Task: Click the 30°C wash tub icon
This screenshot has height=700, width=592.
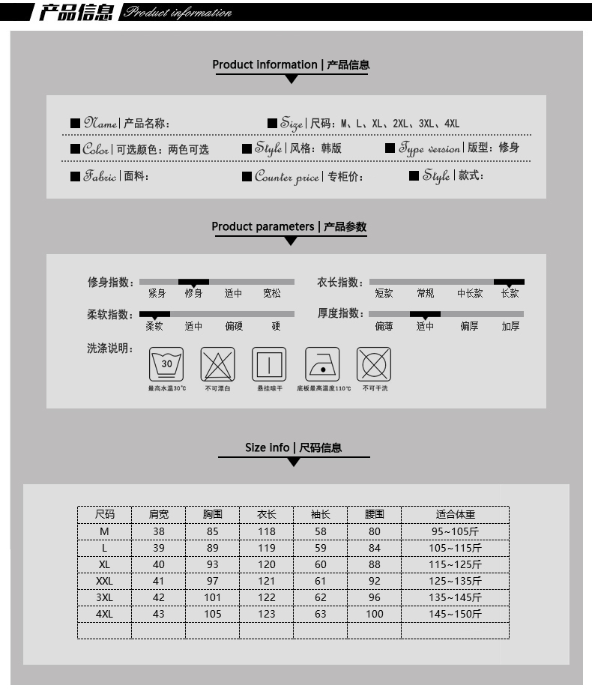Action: coord(166,365)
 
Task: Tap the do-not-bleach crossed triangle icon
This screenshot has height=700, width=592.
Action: coord(217,365)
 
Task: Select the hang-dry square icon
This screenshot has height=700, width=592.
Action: coord(269,365)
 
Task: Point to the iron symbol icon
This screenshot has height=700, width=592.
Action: coord(322,365)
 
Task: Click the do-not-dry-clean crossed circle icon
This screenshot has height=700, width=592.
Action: coord(374,365)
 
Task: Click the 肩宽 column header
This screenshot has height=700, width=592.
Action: coord(158,515)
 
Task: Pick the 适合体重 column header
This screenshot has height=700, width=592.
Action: coord(455,515)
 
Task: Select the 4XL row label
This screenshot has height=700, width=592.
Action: coord(104,614)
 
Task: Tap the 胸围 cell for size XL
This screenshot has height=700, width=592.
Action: coord(212,564)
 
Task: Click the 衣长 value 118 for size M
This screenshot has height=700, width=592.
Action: coord(266,531)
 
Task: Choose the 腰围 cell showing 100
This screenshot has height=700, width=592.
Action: coord(374,614)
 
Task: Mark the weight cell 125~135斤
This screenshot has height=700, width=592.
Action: coord(455,581)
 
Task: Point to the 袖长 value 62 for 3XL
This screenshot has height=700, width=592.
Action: coord(320,597)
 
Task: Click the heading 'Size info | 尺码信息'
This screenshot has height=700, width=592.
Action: coord(293,447)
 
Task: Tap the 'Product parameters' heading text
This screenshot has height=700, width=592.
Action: coord(262,226)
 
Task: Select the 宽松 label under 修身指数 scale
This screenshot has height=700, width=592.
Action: coord(272,294)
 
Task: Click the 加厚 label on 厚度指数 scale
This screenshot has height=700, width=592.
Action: coord(510,327)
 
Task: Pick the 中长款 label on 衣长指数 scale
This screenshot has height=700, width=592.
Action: coord(470,294)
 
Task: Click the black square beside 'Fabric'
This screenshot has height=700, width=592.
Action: coord(75,177)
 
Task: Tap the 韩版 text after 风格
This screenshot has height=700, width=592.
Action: coord(331,148)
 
